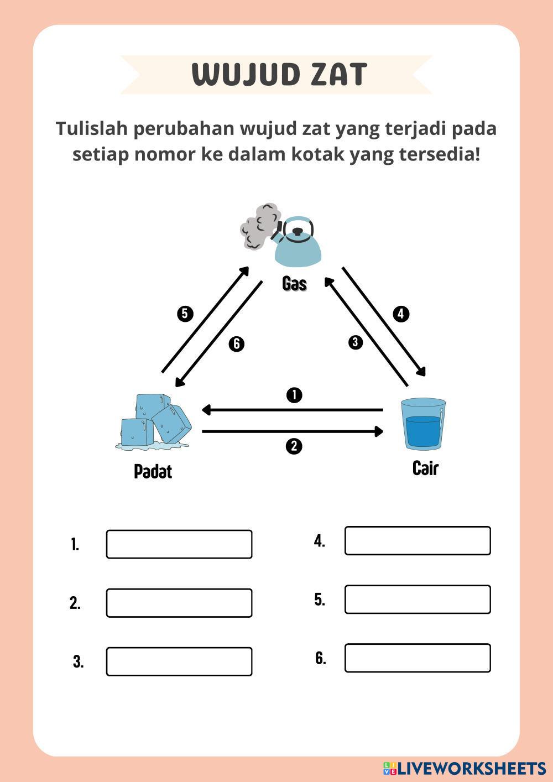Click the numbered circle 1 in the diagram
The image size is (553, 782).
pyautogui.click(x=294, y=395)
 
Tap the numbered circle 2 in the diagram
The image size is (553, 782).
pyautogui.click(x=294, y=446)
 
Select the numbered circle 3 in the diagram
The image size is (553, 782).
pyautogui.click(x=355, y=342)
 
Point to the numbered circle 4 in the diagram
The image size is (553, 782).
pyautogui.click(x=401, y=314)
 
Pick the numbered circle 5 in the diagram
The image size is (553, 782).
pyautogui.click(x=185, y=314)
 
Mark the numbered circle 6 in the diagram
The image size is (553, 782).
pyautogui.click(x=236, y=344)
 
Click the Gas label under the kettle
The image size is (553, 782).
pyautogui.click(x=294, y=284)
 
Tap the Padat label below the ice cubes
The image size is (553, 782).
pyautogui.click(x=153, y=471)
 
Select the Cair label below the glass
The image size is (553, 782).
pyautogui.click(x=425, y=468)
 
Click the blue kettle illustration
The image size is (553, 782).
pyautogui.click(x=299, y=247)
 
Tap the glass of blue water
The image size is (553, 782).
pyautogui.click(x=424, y=424)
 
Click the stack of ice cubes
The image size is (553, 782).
pyautogui.click(x=155, y=421)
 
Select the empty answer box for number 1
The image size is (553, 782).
pyautogui.click(x=179, y=544)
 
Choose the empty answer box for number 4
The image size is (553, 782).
pyautogui.click(x=418, y=540)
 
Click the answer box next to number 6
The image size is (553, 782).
pyautogui.click(x=418, y=658)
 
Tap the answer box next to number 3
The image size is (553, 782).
pyautogui.click(x=179, y=661)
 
